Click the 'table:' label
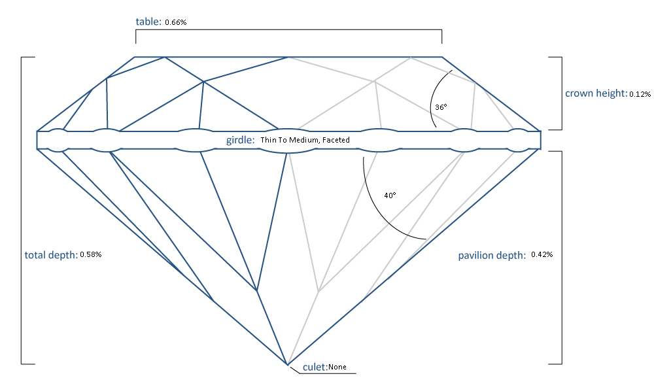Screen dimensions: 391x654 [148, 22]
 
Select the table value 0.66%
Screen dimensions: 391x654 [176, 23]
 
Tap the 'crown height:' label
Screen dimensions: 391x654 [595, 93]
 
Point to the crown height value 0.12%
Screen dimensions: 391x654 [640, 95]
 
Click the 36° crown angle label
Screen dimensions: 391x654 [441, 106]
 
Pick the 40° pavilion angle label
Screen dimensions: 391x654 [390, 195]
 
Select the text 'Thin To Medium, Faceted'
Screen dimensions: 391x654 [305, 140]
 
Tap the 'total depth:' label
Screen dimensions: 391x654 [51, 254]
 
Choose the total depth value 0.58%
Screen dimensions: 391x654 [91, 254]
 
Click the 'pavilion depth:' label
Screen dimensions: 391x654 [491, 255]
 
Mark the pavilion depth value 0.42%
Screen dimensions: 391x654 [542, 254]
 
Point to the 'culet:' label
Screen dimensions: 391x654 [315, 367]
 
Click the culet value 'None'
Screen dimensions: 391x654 [337, 367]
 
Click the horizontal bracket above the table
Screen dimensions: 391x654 [288, 29]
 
